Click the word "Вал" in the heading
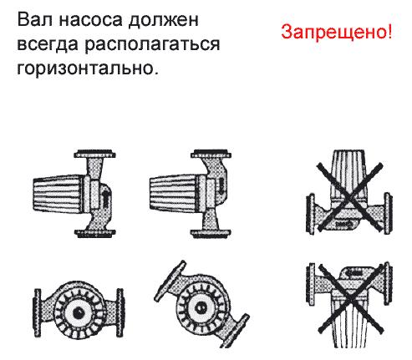tap(34, 20)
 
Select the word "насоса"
tap(90, 21)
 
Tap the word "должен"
tap(164, 21)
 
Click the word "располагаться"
tap(152, 44)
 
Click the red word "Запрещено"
tap(333, 32)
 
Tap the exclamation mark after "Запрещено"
tap(389, 31)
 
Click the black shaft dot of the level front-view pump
tap(79, 312)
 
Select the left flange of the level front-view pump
tap(38, 312)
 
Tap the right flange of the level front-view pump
tap(120, 312)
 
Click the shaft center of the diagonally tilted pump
tap(201, 307)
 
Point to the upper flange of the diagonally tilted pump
tap(170, 281)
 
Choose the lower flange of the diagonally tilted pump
tap(235, 331)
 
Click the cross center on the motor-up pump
tap(350, 197)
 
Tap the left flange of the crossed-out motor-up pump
tap(310, 214)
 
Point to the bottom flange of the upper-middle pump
tap(211, 233)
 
